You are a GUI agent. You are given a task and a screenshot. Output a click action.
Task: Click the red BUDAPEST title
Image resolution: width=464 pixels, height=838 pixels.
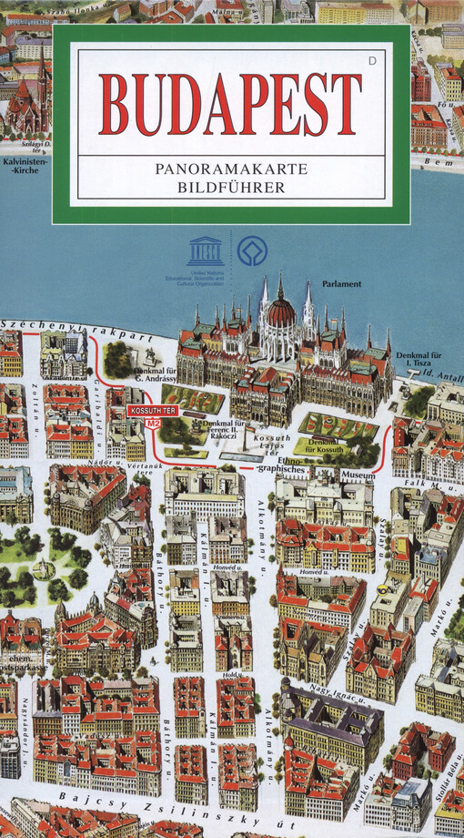230,102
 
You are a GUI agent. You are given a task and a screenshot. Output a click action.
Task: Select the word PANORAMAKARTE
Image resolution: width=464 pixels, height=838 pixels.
231,169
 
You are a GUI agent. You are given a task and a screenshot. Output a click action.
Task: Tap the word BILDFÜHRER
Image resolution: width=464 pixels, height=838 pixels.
231,188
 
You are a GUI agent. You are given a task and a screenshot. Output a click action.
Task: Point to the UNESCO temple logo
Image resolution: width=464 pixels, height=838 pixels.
205,250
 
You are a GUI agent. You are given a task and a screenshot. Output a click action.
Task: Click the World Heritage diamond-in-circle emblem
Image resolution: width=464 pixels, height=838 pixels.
252,250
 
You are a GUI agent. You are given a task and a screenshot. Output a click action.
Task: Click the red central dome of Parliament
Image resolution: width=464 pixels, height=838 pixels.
281,314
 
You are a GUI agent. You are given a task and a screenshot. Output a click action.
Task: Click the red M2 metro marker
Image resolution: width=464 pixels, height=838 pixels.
153,424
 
